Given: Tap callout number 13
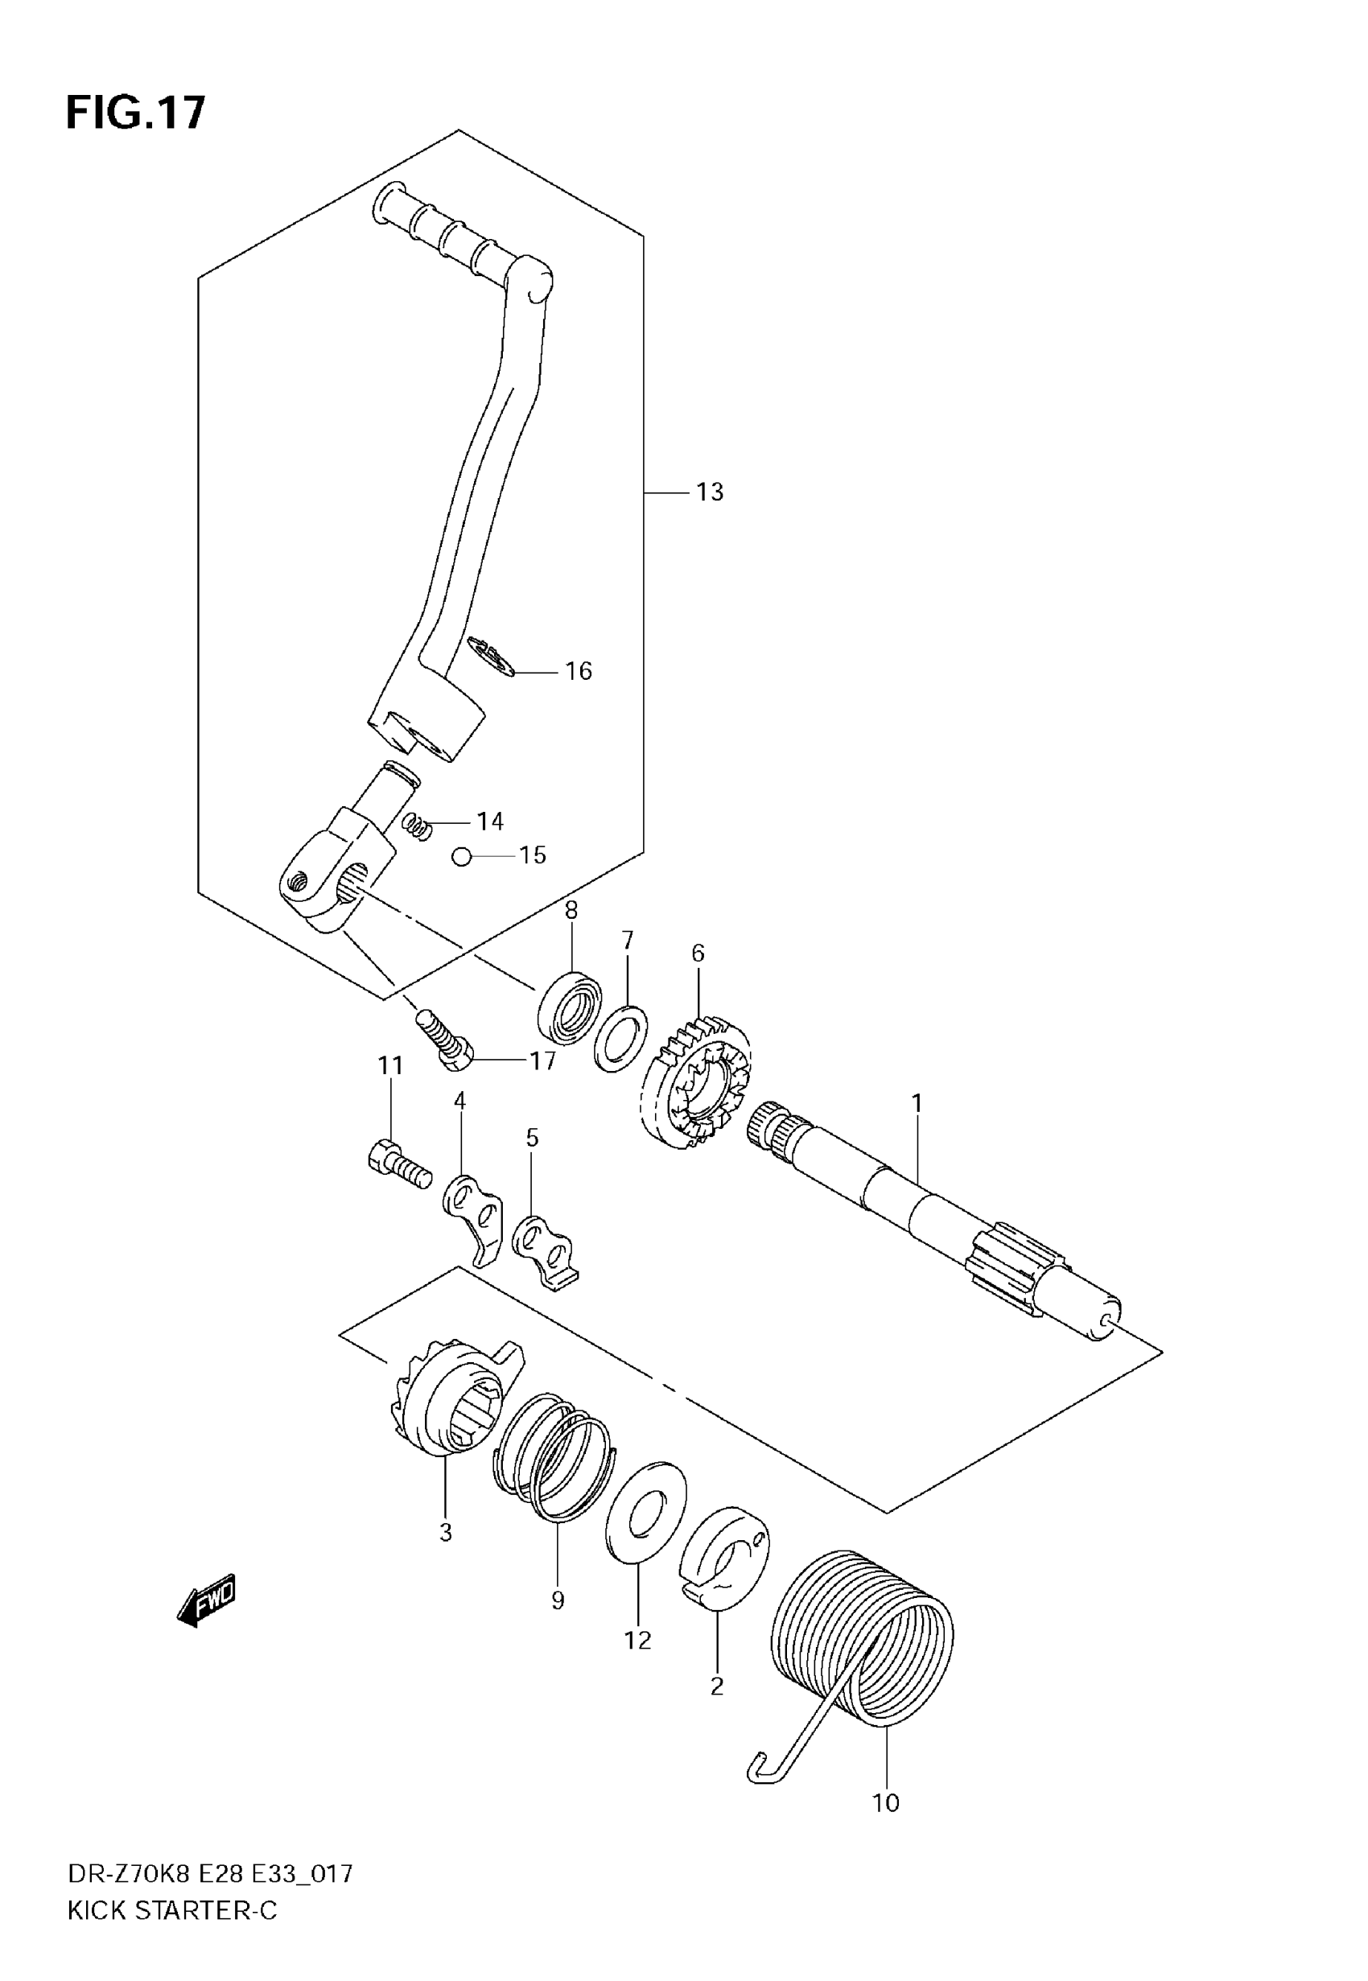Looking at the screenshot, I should pos(710,492).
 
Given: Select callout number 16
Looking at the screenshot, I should pos(579,672).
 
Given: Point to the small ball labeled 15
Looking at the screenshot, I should pos(462,856).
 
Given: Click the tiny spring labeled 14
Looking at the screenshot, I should pos(417,826).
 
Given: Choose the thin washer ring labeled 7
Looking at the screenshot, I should pos(620,1039).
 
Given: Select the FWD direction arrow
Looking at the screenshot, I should pos(206,1600).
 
